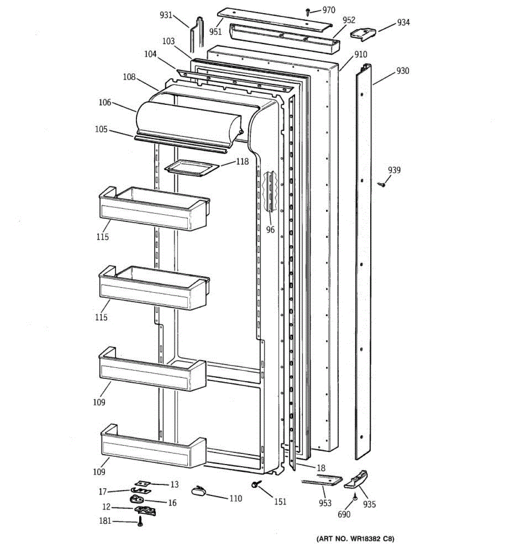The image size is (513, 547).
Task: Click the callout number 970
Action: click(x=328, y=10)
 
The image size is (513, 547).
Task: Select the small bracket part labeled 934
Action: click(x=363, y=33)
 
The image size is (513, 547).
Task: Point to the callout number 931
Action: click(x=166, y=15)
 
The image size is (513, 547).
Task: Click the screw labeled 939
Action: click(x=382, y=184)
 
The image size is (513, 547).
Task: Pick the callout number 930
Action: click(x=403, y=71)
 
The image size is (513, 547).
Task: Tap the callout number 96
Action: click(x=270, y=230)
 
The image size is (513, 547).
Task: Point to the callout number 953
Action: click(x=325, y=503)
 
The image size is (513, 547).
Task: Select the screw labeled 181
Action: click(x=140, y=523)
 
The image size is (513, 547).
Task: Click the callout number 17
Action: click(x=103, y=491)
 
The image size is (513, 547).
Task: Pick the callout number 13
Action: click(x=174, y=485)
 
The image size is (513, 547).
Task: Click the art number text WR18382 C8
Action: click(x=356, y=539)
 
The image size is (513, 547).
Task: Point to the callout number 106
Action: click(x=105, y=103)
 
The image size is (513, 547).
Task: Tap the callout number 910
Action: click(x=360, y=55)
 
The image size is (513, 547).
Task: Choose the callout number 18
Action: click(x=321, y=468)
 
